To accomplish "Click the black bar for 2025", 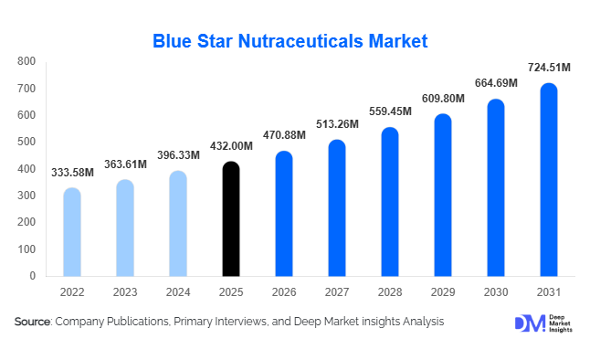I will (x=231, y=219).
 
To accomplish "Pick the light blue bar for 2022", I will (x=71, y=232).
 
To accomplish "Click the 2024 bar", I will (x=178, y=224).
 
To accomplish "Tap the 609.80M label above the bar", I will (x=442, y=98).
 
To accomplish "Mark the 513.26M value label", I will (x=337, y=124).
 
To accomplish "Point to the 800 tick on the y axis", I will (x=26, y=61).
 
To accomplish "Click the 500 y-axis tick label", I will (x=26, y=142).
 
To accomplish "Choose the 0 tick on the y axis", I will (x=32, y=275).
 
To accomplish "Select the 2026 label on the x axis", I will (x=284, y=293).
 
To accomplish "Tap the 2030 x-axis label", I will (x=495, y=293).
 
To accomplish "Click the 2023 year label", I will (x=125, y=293).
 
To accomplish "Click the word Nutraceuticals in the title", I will (x=300, y=41).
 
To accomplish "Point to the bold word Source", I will (x=32, y=322).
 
